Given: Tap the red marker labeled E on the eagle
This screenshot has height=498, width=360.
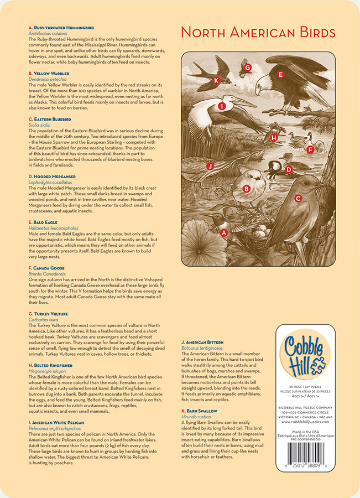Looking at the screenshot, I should (x=280, y=74).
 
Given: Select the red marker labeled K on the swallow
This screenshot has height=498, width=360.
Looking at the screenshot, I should (x=216, y=80).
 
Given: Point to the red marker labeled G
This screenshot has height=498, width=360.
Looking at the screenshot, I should (x=248, y=68).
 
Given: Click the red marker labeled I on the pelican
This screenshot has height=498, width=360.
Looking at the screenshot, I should (x=222, y=106).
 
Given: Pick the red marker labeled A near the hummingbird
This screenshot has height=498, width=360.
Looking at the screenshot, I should (x=224, y=233).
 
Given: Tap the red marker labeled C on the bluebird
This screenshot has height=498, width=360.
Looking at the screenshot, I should (x=298, y=198).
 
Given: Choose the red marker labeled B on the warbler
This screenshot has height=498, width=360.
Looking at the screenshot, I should (x=247, y=188).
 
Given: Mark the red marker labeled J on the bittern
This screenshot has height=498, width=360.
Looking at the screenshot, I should (x=210, y=165).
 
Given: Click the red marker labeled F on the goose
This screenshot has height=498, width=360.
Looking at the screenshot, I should (x=310, y=149).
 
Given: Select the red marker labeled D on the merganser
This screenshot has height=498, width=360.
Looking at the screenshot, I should (x=288, y=169).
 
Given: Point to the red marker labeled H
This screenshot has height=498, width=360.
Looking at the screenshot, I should (x=274, y=137).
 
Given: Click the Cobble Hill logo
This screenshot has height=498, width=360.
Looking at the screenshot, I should (x=305, y=355).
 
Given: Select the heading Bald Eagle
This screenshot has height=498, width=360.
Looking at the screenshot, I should (x=43, y=222).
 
